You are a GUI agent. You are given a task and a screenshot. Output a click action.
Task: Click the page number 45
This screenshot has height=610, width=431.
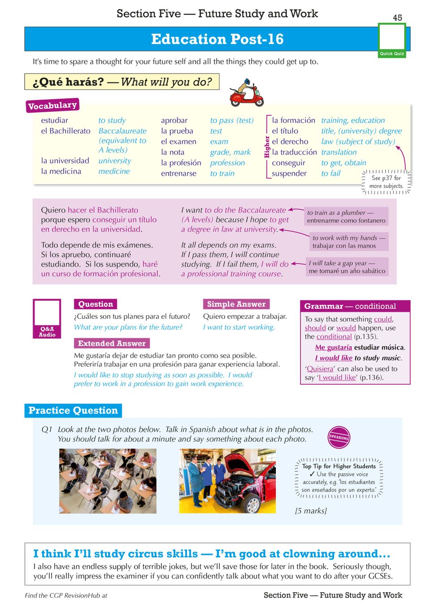click(397, 18)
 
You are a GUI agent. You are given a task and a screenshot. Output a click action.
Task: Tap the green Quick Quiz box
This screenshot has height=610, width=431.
click(392, 40)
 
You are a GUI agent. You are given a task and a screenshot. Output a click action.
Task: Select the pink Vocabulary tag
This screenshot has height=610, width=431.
click(52, 105)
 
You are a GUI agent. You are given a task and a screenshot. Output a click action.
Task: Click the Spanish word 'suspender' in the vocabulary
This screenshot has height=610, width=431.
click(289, 174)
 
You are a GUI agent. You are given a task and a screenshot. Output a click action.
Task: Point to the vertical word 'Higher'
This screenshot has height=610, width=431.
click(267, 147)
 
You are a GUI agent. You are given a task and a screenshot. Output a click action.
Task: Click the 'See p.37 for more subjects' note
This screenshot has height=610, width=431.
click(386, 182)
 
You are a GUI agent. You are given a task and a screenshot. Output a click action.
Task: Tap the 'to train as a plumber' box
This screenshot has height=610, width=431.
click(346, 216)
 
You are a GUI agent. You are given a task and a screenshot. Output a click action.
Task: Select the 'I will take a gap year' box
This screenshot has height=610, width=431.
click(347, 267)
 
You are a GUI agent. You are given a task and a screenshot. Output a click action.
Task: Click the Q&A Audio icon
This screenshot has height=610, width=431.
click(47, 318)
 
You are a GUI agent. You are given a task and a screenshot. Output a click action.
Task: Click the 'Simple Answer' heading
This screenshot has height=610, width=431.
click(236, 304)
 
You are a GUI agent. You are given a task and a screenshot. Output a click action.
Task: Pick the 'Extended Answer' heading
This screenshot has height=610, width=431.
click(112, 344)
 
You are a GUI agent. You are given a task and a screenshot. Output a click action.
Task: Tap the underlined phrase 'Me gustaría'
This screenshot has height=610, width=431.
click(333, 348)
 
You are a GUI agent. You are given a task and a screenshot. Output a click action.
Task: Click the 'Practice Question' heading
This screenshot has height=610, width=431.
click(73, 410)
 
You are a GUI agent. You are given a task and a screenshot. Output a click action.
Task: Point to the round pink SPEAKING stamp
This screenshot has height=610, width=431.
click(339, 437)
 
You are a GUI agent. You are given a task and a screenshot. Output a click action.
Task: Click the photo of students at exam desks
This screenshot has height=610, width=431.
click(108, 481)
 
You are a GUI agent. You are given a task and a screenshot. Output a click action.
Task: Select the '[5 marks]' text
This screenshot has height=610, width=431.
click(311, 511)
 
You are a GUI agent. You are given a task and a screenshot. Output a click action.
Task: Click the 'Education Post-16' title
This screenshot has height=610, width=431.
click(217, 39)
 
